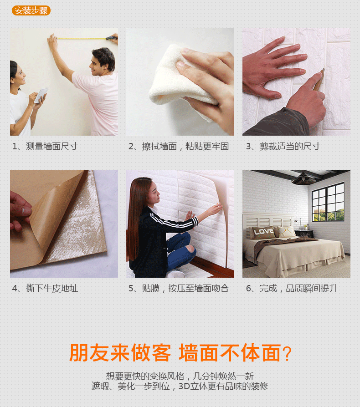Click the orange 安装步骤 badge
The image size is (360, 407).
31,10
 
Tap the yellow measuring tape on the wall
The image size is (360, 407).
82,39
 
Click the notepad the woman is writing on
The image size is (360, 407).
41,95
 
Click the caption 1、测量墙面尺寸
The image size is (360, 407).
45,147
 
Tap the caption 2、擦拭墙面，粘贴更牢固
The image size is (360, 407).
179,147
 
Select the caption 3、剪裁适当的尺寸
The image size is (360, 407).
283,147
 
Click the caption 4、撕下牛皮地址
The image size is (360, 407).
45,288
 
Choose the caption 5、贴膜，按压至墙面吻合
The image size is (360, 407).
179,288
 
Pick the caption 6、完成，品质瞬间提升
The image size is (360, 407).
292,288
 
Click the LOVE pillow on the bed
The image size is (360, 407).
262,232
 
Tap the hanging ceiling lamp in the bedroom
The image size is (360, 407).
303,179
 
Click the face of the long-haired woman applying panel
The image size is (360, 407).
155,193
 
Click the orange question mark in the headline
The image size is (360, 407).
287,353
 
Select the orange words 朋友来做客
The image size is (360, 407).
120,353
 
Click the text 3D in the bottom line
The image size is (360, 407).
184,386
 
